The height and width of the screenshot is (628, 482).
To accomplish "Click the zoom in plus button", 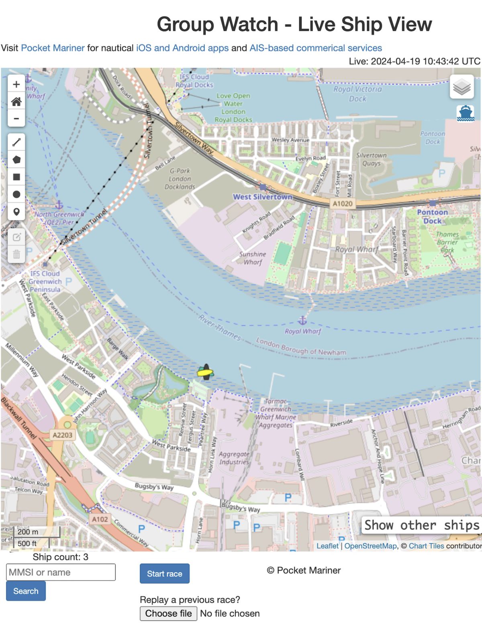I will point(16,84).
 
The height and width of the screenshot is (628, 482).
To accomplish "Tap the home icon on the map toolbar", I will point(16,102).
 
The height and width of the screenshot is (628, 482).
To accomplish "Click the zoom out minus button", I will point(16,118).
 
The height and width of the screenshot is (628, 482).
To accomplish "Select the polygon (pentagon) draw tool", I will point(16,159).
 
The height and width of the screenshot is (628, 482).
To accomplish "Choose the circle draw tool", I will point(16,194).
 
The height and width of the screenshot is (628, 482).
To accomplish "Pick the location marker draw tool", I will point(16,211).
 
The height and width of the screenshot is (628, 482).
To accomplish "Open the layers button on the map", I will point(462,87).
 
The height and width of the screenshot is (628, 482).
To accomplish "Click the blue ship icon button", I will point(465,113).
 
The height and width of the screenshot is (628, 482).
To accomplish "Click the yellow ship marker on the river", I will point(205,373).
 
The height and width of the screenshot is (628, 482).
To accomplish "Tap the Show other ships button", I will point(421,525).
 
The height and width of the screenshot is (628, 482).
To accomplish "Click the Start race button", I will point(164,574).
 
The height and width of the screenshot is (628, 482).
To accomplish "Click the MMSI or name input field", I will point(61,572).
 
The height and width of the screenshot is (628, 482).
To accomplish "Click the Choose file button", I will point(168,613).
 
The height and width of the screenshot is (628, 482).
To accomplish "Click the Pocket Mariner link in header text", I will point(53,48).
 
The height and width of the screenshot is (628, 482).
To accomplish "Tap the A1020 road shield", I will point(342,204).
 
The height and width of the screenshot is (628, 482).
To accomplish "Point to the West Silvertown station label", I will point(263,197).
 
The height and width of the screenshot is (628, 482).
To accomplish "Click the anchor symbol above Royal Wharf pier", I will point(302,320).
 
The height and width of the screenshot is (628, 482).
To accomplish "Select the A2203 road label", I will point(63,435).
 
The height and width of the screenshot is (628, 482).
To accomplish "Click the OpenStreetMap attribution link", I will point(370,546).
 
